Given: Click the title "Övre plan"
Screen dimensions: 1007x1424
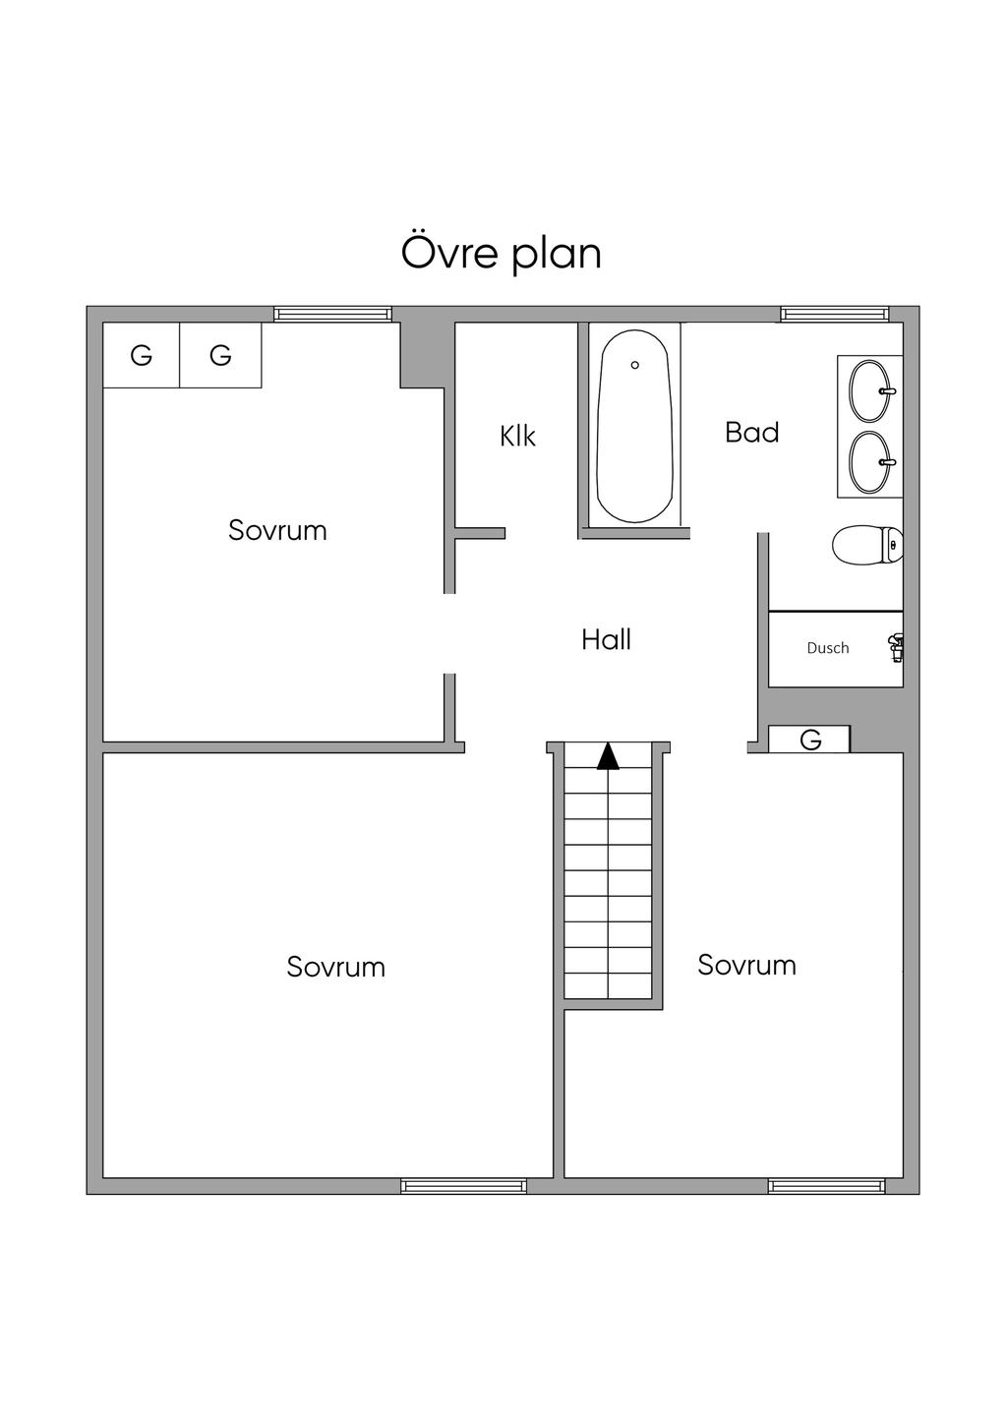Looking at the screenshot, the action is (501, 255).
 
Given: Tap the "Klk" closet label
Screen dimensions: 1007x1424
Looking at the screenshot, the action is (517, 436).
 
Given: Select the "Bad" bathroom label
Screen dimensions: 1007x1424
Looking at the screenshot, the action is (751, 433).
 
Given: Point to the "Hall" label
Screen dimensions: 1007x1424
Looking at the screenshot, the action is (606, 639).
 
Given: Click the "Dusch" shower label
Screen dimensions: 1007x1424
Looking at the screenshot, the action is (828, 648).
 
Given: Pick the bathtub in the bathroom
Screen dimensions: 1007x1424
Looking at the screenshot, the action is (634, 425).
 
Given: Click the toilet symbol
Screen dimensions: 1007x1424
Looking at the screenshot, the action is (867, 545).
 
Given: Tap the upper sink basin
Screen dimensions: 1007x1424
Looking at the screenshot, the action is (871, 391).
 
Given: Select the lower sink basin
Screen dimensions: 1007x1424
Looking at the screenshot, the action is (871, 462).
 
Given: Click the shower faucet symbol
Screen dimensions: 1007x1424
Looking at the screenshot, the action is (896, 648).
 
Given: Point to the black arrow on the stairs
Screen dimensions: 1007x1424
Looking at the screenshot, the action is (608, 756).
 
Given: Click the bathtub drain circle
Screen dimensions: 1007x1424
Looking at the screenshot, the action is (634, 365).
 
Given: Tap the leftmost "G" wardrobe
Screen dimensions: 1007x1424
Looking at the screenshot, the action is (142, 355).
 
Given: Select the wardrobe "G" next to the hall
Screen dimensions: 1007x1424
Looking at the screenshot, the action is (809, 740).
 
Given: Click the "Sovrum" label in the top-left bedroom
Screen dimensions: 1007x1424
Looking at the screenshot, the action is (277, 530).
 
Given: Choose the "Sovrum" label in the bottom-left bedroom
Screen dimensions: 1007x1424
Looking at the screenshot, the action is (335, 967).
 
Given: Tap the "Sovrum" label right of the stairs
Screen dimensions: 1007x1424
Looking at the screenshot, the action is (746, 965).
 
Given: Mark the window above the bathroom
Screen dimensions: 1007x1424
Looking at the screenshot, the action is (834, 314).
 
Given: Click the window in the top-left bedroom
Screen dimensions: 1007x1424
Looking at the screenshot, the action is (333, 314).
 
